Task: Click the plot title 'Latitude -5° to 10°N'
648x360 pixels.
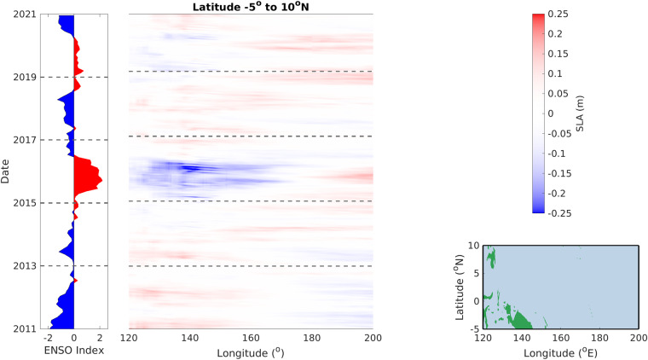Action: (x=251, y=8)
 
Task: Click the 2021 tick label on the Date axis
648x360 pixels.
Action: (x=26, y=15)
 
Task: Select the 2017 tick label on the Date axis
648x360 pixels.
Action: (x=26, y=140)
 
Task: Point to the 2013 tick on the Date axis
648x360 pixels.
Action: (x=26, y=266)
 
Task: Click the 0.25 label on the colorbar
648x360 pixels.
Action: (x=558, y=15)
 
